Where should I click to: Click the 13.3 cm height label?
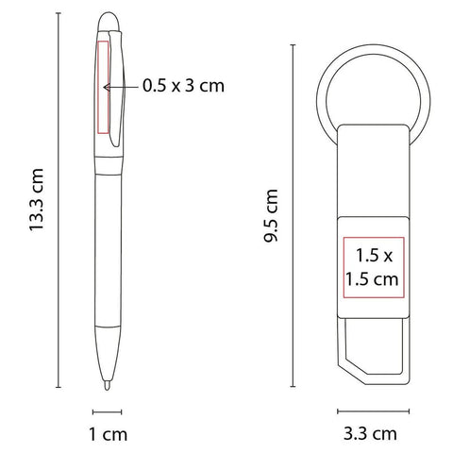[x=36, y=200]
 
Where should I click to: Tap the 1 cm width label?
[x=109, y=434]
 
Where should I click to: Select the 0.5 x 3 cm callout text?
[x=183, y=85]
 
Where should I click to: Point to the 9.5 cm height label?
[x=271, y=215]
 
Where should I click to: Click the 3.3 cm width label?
[x=370, y=433]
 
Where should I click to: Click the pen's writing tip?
[x=108, y=385]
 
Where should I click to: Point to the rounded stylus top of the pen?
[x=109, y=21]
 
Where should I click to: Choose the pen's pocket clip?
[x=116, y=88]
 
